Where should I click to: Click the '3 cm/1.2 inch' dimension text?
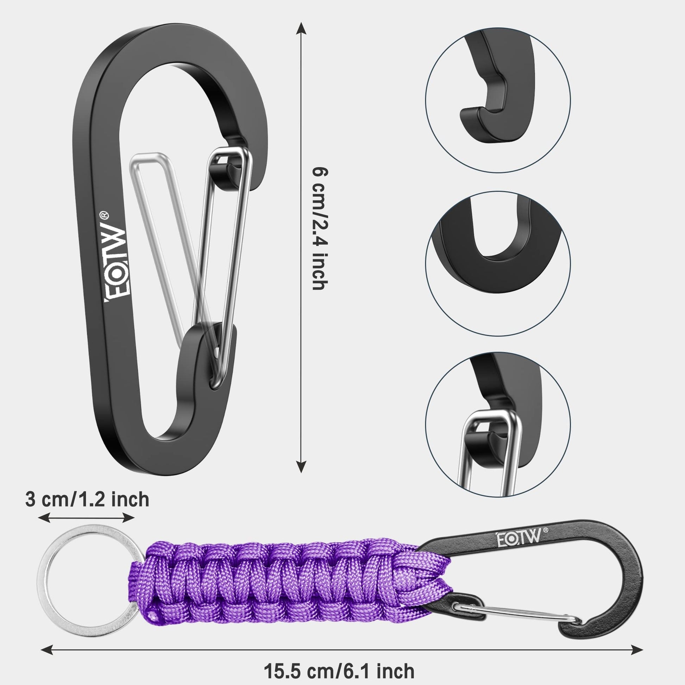[87, 499]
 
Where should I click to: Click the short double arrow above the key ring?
[87, 519]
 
